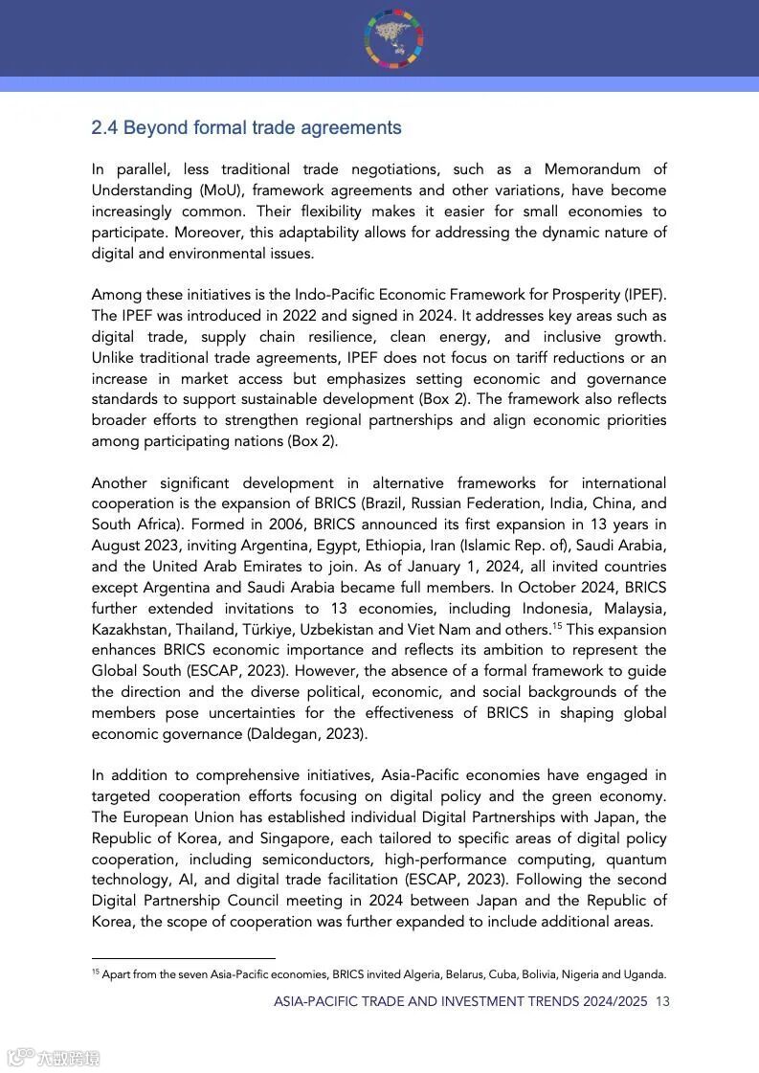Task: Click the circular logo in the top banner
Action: [393, 37]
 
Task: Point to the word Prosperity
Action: [584, 295]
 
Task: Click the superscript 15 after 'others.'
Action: [556, 626]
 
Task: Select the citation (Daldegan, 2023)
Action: [305, 734]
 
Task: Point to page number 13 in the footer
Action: [662, 1001]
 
